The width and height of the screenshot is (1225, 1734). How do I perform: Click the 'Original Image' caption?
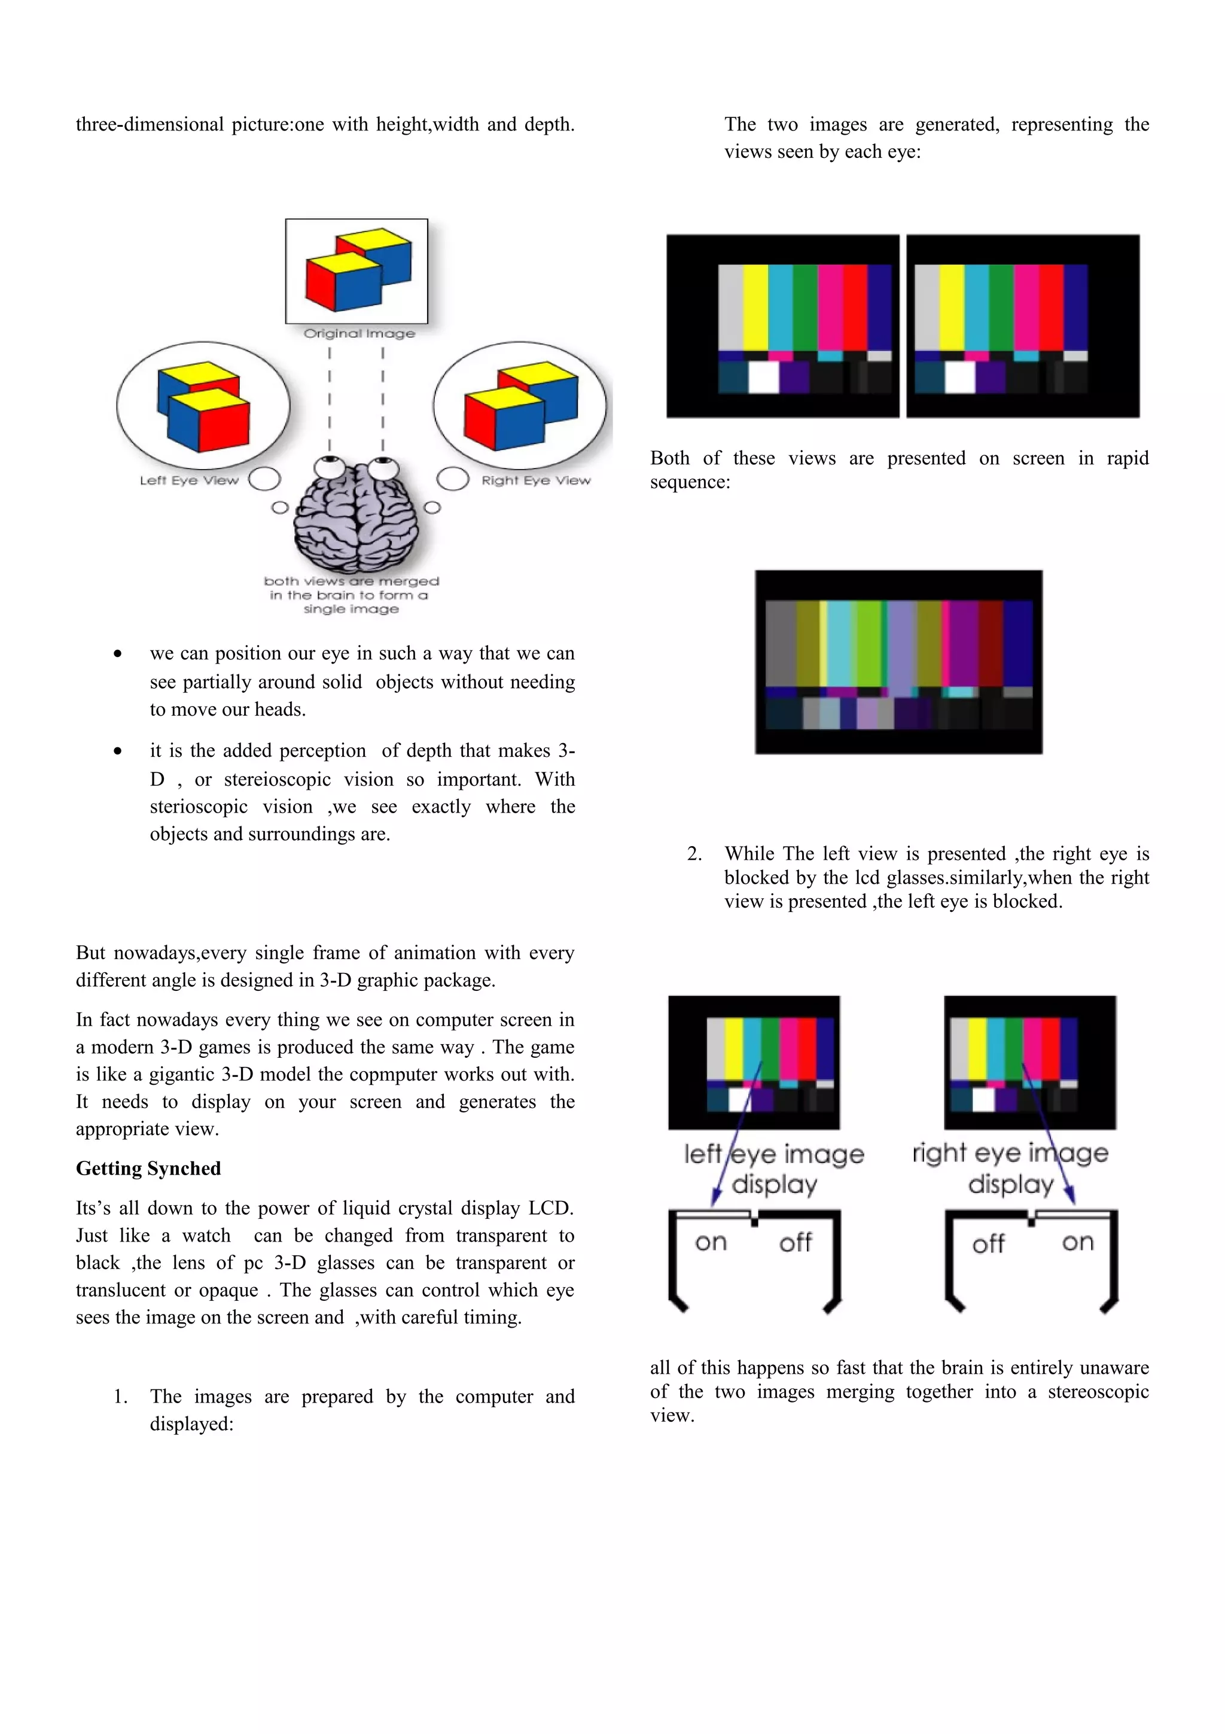tap(359, 333)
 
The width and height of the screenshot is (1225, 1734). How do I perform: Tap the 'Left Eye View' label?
tap(188, 480)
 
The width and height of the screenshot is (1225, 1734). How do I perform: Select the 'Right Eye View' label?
tap(536, 480)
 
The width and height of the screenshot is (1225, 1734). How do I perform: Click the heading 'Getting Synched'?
tap(148, 1169)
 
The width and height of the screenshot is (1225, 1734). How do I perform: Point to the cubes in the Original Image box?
tap(358, 270)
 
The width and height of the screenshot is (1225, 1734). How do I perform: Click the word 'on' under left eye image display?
tap(710, 1242)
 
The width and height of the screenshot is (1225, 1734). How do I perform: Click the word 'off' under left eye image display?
tap(795, 1242)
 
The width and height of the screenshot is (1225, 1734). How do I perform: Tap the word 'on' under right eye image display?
tap(1077, 1242)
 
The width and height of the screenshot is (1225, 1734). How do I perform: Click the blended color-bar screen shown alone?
tap(898, 662)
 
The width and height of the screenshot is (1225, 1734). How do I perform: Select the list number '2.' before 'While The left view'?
tap(694, 854)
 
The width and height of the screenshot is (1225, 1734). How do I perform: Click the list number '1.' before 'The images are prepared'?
tap(121, 1397)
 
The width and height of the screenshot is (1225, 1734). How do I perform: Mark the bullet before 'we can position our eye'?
tap(118, 654)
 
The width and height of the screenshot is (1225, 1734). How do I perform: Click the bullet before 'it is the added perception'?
tap(118, 752)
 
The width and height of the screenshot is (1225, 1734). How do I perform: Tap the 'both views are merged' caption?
tap(351, 594)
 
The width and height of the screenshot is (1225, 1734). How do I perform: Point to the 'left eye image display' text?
tap(773, 1169)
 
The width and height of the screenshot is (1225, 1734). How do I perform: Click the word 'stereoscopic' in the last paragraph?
tap(1098, 1391)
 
